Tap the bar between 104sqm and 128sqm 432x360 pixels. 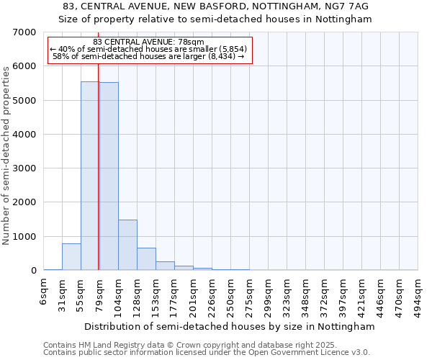tap(127, 245)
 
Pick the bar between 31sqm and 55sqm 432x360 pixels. tap(71, 257)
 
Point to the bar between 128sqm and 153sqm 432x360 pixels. tap(146, 259)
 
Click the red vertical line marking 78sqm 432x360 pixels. tap(99, 166)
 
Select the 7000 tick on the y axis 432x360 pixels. tap(25, 32)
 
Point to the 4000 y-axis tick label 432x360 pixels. tap(25, 135)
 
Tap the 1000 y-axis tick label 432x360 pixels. tap(25, 237)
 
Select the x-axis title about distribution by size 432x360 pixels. tap(230, 326)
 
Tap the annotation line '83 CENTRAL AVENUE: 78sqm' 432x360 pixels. tap(149, 42)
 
